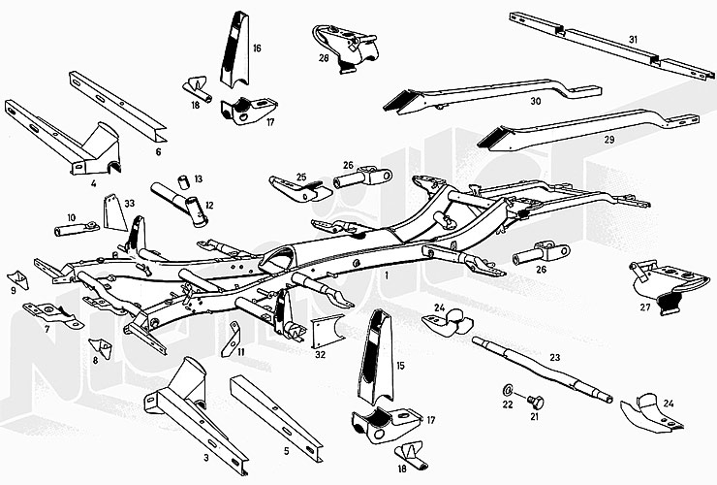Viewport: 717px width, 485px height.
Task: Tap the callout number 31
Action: point(633,39)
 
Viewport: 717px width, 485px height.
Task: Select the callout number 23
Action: point(554,358)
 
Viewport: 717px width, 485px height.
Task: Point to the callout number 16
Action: point(257,48)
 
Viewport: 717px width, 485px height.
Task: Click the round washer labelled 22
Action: point(509,390)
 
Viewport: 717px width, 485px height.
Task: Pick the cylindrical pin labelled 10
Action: point(74,230)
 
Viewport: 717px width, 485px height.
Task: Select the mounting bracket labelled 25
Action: point(291,186)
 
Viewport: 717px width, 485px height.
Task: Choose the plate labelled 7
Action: point(47,312)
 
